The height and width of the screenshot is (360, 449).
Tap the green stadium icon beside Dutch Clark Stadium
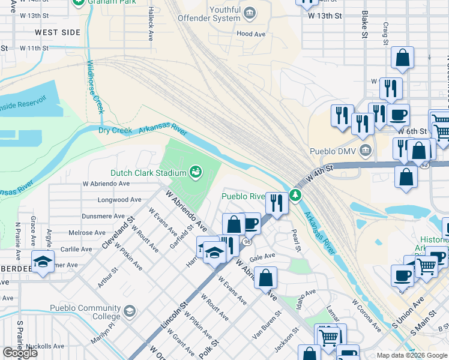click(x=196, y=173)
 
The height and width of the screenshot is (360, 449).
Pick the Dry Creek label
click(x=115, y=130)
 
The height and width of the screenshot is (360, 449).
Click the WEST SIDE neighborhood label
click(x=58, y=32)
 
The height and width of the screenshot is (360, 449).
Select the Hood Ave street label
click(x=251, y=34)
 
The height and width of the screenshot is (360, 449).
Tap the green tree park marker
click(x=295, y=195)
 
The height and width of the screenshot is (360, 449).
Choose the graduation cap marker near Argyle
click(x=43, y=262)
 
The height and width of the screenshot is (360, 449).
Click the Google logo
click(x=20, y=353)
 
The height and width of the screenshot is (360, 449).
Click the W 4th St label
click(x=319, y=173)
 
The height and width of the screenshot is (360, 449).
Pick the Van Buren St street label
click(x=267, y=325)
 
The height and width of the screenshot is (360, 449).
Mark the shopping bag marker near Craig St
click(x=402, y=58)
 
